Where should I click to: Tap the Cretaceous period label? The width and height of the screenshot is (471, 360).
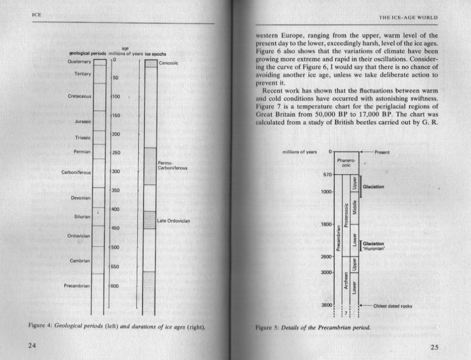79,96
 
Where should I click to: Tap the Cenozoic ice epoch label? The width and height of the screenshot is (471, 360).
169,63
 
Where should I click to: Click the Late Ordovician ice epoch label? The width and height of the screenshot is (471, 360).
174,221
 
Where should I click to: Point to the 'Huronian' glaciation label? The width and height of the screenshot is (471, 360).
377,249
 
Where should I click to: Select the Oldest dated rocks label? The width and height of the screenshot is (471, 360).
393,306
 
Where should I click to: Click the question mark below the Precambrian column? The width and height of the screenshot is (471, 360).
346,312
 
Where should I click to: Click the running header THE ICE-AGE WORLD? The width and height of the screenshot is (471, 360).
411,19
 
